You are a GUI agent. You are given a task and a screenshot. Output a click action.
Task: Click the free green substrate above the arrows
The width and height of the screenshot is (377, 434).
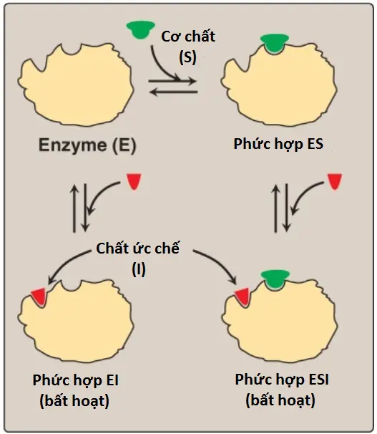pyautogui.click(x=140, y=29)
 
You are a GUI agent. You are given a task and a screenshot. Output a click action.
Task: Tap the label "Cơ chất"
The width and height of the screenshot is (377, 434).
pyautogui.click(x=188, y=37)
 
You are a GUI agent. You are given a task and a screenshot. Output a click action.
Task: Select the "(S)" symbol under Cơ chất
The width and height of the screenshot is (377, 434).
pyautogui.click(x=187, y=57)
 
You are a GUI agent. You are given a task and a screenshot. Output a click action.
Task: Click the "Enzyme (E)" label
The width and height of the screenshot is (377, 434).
pyautogui.click(x=87, y=145)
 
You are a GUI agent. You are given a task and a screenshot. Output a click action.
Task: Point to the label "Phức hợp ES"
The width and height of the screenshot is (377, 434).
pyautogui.click(x=278, y=144)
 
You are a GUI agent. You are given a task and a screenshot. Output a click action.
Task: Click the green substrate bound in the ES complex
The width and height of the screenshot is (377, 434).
pyautogui.click(x=275, y=43)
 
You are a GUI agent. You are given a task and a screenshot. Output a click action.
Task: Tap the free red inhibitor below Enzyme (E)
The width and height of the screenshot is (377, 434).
pyautogui.click(x=134, y=182)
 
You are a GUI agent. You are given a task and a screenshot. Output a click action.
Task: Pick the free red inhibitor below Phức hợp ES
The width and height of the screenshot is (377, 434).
pyautogui.click(x=335, y=182)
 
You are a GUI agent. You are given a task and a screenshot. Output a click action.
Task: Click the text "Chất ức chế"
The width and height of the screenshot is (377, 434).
pyautogui.click(x=137, y=248)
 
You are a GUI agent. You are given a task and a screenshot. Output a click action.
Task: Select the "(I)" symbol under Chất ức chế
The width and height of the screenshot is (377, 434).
pyautogui.click(x=139, y=269)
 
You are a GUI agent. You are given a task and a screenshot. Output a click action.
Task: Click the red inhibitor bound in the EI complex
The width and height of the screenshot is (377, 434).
pyautogui.click(x=39, y=297)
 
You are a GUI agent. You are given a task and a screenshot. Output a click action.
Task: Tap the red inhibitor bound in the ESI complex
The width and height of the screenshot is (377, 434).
pyautogui.click(x=242, y=297)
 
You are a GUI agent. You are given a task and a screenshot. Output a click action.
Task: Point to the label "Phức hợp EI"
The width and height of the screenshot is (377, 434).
pyautogui.click(x=75, y=380)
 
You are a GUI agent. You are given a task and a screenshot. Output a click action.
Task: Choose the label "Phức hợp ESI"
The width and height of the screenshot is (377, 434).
pyautogui.click(x=282, y=380)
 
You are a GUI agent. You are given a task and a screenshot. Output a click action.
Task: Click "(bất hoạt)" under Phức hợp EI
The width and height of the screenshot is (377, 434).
pyautogui.click(x=74, y=401)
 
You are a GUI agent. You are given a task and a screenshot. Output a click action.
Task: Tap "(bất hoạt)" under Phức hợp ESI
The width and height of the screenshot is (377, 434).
pyautogui.click(x=280, y=400)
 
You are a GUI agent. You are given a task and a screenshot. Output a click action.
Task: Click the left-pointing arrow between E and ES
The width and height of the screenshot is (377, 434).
pyautogui.click(x=174, y=92)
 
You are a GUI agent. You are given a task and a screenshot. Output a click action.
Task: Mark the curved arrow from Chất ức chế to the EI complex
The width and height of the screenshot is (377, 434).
pyautogui.click(x=67, y=263)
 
